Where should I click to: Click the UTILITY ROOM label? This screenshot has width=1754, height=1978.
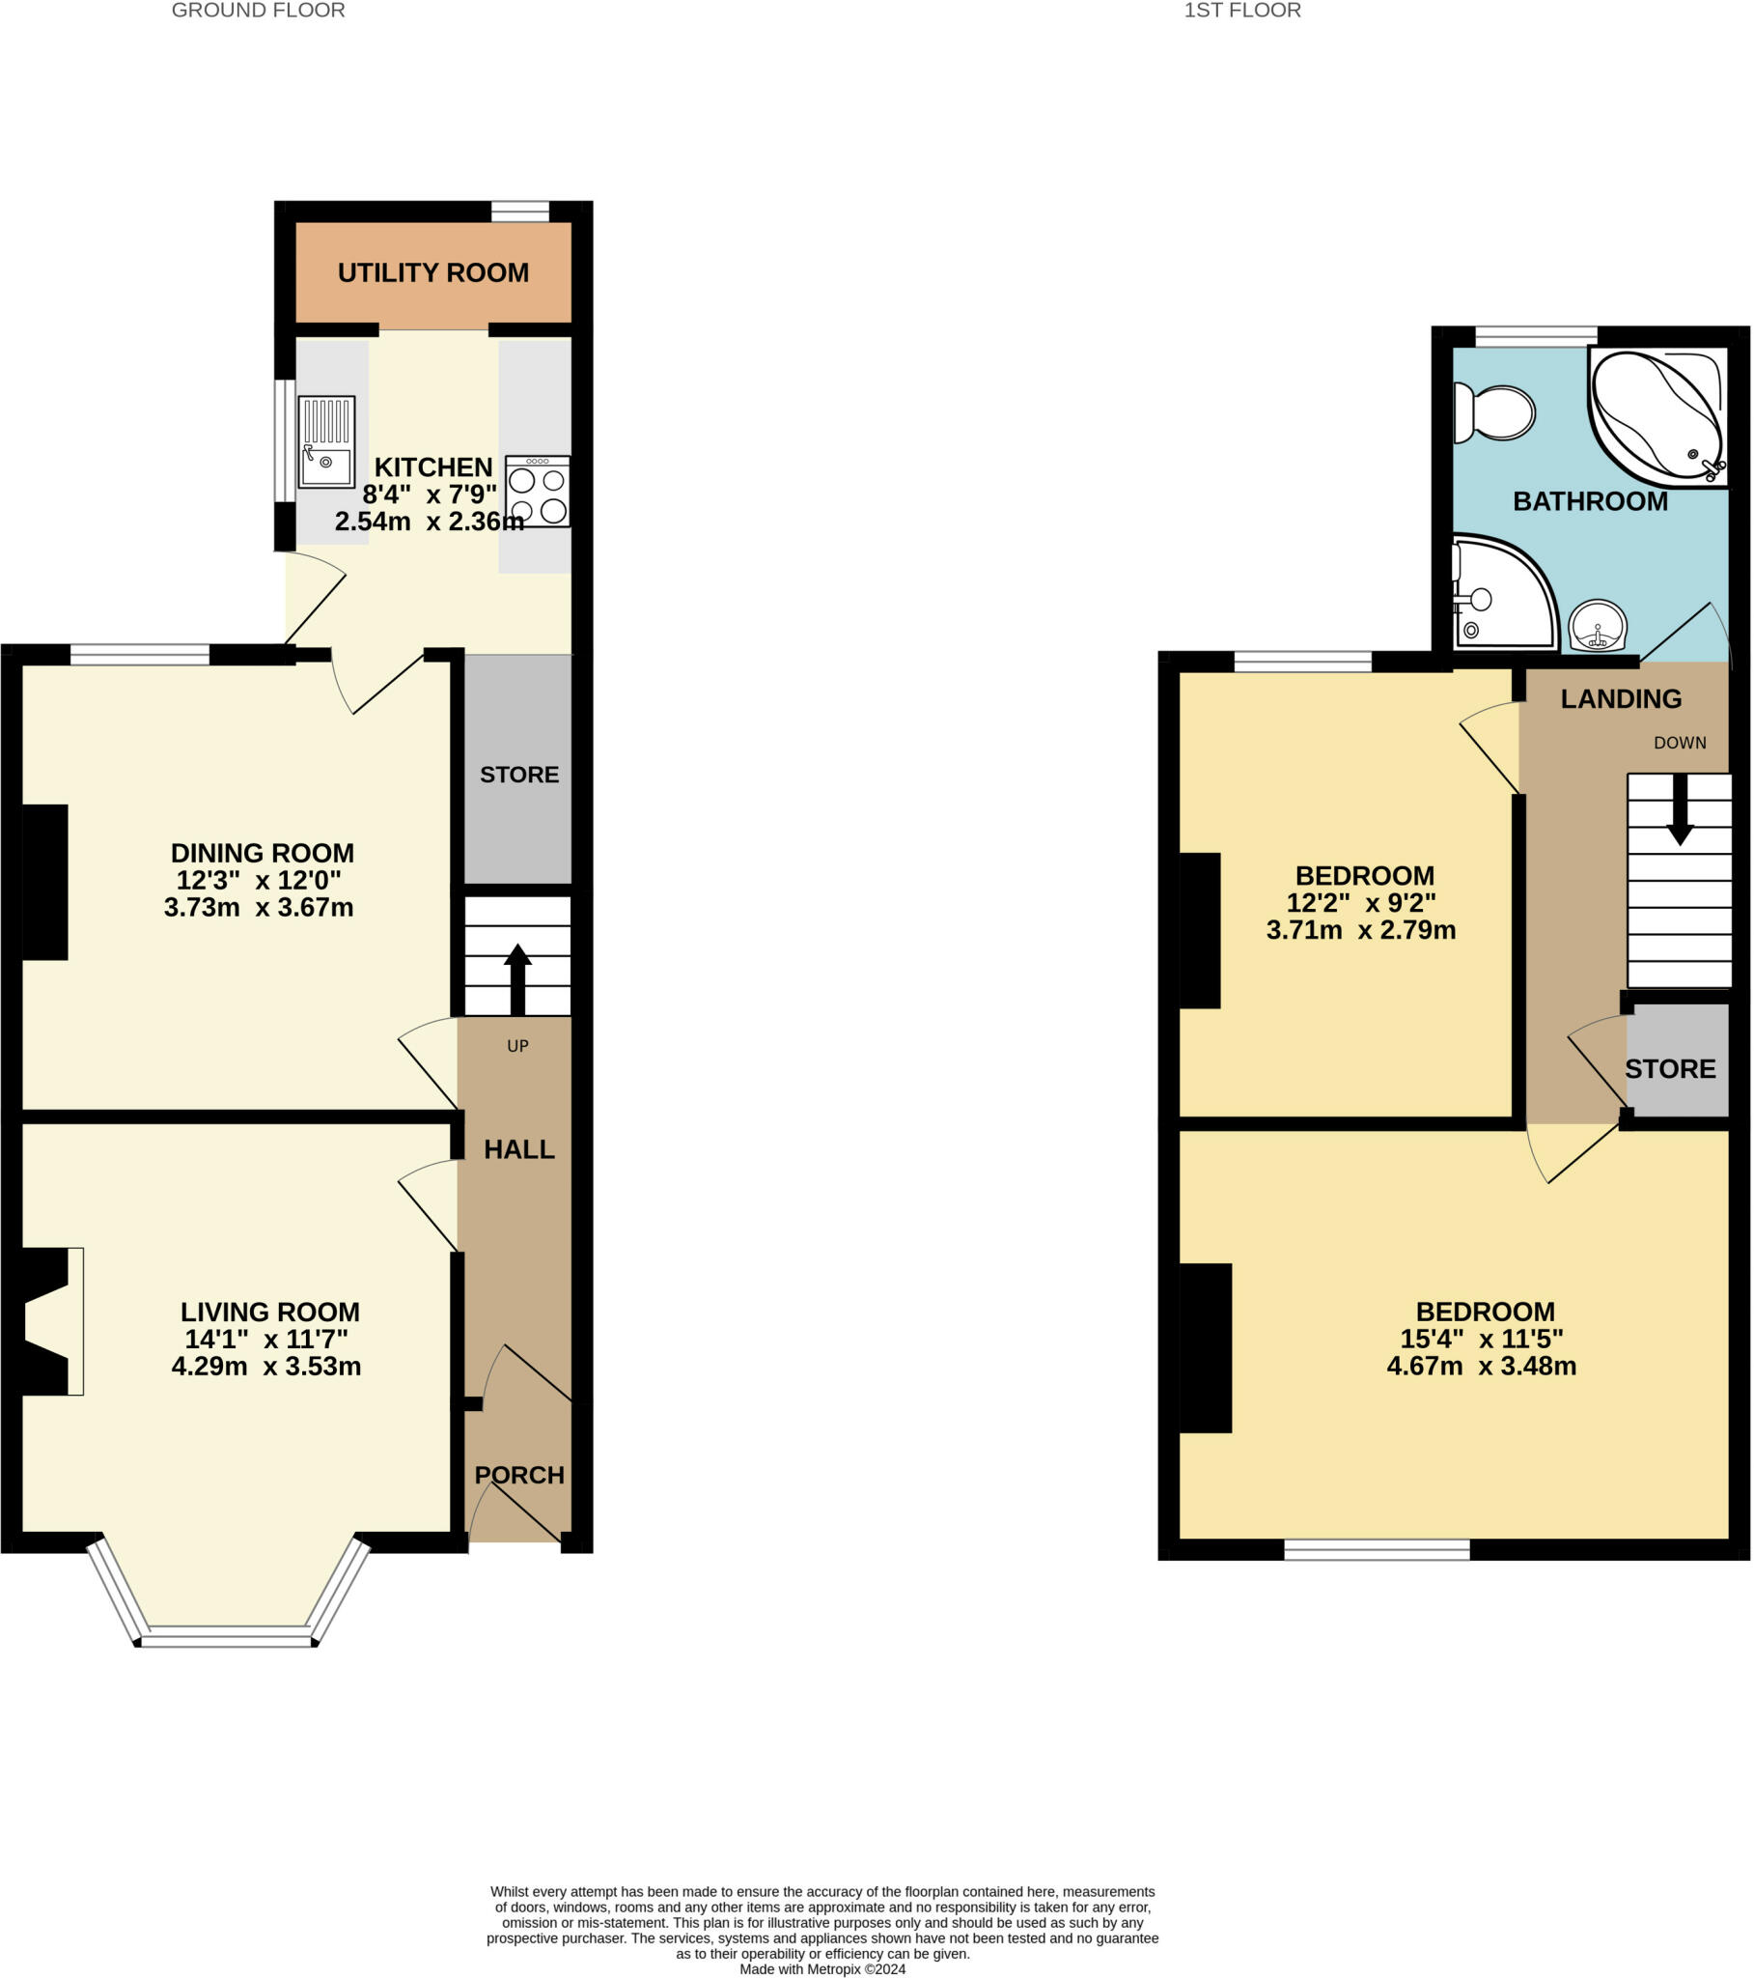coord(432,273)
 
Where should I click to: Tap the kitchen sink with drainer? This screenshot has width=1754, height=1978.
coord(326,441)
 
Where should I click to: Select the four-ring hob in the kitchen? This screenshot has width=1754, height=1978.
coord(537,492)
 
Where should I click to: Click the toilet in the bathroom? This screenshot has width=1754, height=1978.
coord(1494,413)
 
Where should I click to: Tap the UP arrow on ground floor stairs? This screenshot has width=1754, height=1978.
coord(517,978)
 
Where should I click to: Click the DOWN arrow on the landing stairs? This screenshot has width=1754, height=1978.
coord(1680,809)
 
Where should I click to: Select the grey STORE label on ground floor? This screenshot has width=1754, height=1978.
coord(519,776)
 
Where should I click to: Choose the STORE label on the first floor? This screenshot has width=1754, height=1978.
coord(1670,1069)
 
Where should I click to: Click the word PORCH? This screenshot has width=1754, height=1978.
coord(519,1475)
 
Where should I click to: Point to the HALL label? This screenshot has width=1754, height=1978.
coord(519,1149)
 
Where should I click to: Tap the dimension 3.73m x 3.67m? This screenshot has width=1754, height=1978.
coord(259,908)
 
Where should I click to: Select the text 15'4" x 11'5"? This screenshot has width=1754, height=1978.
coord(1481,1340)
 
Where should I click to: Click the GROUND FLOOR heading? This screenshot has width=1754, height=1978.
coord(259,11)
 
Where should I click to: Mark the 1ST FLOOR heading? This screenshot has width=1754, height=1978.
coord(1242,11)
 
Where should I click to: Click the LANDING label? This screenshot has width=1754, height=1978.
coord(1621,698)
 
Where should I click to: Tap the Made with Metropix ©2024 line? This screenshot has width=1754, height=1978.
coord(822,1969)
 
